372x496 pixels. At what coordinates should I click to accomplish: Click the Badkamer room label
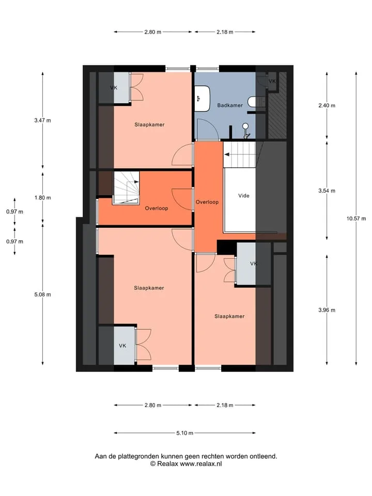point(230,105)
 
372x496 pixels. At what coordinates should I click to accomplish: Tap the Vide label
point(243,196)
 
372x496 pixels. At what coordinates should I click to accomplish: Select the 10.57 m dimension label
point(356,219)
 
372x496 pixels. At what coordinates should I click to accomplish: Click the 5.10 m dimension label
point(185,433)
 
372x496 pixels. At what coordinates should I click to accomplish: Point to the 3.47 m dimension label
point(43,120)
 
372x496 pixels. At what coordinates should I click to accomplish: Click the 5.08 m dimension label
point(43,295)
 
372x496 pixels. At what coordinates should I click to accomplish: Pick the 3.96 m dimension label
point(327,311)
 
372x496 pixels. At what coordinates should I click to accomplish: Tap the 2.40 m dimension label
point(327,105)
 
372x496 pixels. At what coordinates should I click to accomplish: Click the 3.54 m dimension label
point(327,191)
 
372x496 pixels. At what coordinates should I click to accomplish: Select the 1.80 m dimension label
point(43,198)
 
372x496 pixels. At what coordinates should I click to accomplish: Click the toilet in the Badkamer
point(252,102)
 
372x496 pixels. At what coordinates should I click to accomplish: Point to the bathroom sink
point(202,98)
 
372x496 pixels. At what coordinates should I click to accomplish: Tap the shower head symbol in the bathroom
point(245,130)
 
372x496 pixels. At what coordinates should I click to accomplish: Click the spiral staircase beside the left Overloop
point(127,188)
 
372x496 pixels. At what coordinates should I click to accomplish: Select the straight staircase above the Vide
point(240,154)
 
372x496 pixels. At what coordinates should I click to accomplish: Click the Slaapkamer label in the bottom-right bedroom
point(229,316)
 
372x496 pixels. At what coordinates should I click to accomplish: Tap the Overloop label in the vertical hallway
point(207,202)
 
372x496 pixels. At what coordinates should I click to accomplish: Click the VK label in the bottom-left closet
point(122,346)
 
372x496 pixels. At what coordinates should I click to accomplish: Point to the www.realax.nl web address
point(201,464)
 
